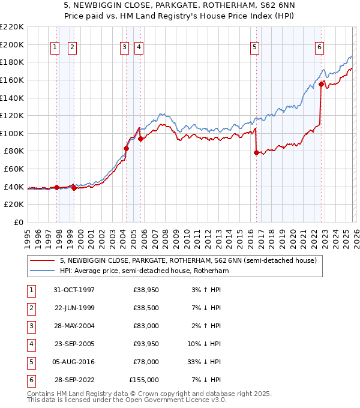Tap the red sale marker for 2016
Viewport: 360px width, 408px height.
tap(256, 153)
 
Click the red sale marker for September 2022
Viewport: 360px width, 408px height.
tap(322, 85)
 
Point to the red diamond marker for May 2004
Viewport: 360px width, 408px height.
tap(127, 148)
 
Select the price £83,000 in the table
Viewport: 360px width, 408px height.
tap(146, 326)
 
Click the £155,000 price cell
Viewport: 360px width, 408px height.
tap(144, 380)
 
